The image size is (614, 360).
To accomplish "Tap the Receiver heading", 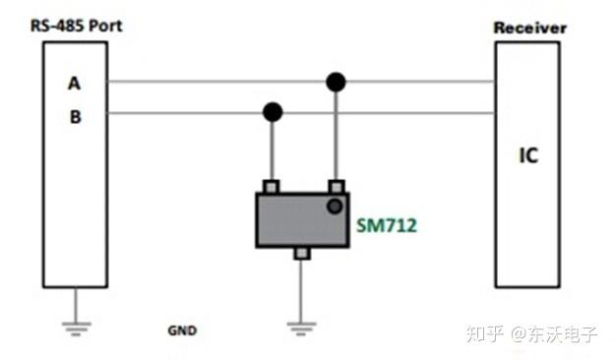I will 529,28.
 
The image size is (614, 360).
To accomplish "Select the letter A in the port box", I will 74,84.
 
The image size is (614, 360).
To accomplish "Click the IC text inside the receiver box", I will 528,155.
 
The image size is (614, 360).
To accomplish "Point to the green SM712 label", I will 387,226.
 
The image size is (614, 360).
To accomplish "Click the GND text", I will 182,330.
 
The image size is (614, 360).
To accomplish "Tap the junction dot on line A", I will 336,82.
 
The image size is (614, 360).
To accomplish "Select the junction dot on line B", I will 273,112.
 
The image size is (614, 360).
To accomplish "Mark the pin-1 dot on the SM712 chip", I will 336,206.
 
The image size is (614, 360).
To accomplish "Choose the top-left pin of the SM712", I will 273,187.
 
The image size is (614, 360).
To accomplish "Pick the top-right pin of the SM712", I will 337,187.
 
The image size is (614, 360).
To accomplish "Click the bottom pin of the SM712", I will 302,254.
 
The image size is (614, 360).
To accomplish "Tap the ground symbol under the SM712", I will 302,326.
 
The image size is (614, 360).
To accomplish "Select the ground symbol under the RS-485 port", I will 75,326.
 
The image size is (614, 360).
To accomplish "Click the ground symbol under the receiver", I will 529,326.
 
